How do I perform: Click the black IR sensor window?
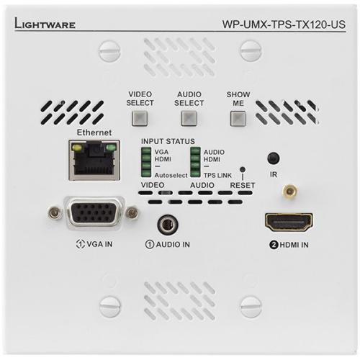click(273, 158)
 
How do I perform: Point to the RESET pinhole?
click(243, 171)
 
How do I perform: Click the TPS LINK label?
click(218, 174)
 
